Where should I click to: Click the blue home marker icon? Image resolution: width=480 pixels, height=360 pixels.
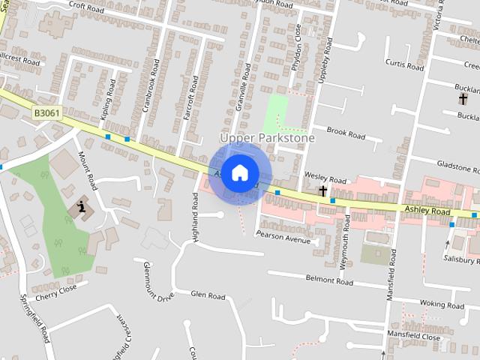coord(239,173)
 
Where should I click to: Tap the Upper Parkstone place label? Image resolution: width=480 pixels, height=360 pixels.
coord(267,138)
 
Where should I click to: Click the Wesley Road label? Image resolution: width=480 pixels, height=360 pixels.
coord(325,181)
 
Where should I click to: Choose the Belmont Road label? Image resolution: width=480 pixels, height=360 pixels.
coord(329,281)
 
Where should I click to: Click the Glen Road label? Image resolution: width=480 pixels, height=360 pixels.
coord(208,295)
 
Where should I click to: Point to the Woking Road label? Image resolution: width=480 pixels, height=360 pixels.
coord(442,304)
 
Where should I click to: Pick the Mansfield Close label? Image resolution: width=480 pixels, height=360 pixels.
coord(413,336)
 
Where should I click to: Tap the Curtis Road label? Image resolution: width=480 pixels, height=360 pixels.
coord(404,64)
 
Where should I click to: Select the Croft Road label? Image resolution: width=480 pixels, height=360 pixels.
coord(85,6)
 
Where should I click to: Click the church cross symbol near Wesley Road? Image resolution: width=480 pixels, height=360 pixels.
coord(322,191)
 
